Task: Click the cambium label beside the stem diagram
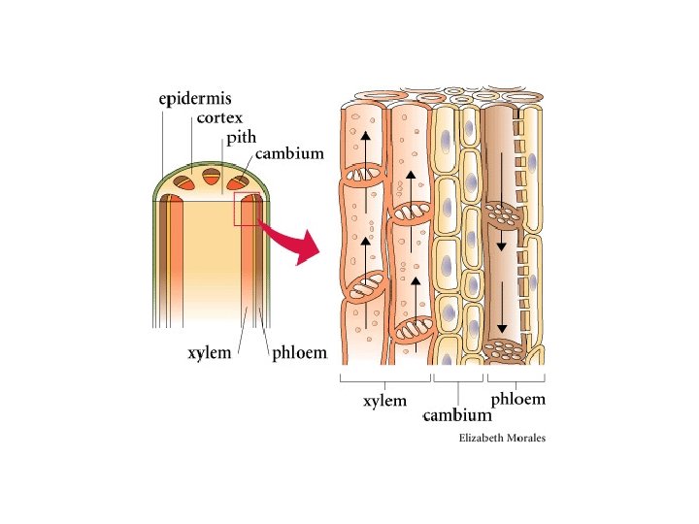[289, 154]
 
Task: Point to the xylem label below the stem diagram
[209, 353]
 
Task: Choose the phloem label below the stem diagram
[298, 353]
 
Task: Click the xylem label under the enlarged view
[385, 400]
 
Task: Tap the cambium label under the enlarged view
[458, 416]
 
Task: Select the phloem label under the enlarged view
[517, 399]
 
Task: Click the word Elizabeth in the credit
[484, 439]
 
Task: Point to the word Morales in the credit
[528, 439]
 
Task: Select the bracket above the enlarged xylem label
[385, 379]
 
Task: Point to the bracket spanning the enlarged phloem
[516, 379]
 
